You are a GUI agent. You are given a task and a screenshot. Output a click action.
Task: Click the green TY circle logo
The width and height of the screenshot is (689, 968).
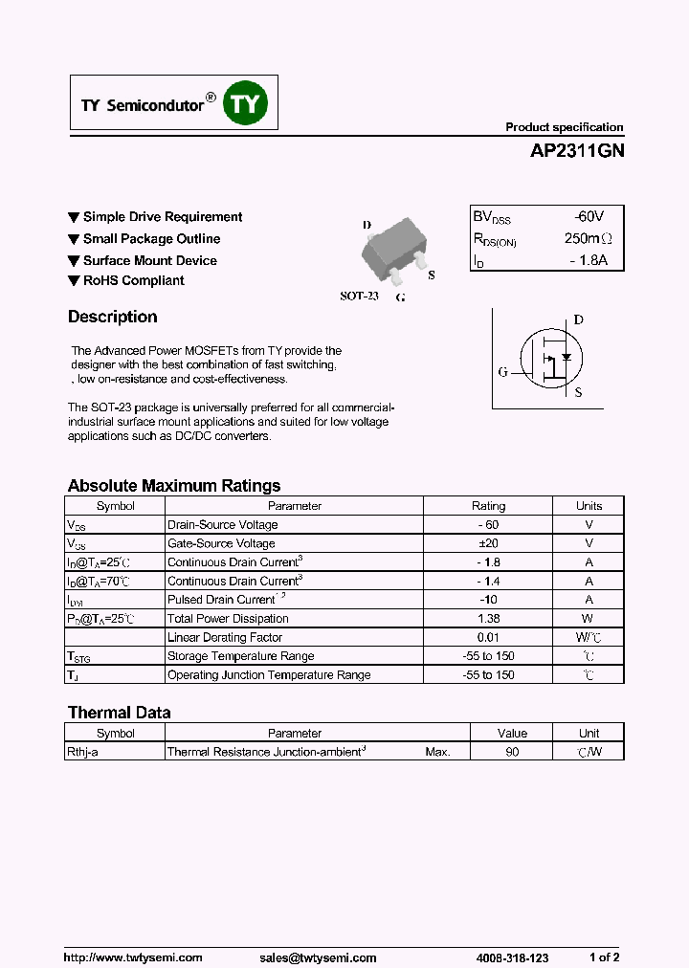coord(246,103)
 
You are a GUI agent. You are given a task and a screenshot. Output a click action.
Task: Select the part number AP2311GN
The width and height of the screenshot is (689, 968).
coord(576,151)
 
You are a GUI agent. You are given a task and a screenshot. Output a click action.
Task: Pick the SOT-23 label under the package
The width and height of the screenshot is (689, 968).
coord(360,297)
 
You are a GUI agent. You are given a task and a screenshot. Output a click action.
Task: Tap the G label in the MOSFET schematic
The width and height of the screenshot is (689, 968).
coord(502,372)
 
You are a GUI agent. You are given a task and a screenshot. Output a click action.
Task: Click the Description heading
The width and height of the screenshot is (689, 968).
coord(112,318)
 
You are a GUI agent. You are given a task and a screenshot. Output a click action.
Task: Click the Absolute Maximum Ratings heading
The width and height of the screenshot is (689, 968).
coord(174,486)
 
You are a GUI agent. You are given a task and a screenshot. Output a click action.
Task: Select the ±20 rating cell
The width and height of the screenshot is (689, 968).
coord(488,543)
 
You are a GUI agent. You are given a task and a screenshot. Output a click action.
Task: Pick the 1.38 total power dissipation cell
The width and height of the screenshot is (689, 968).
coord(488,619)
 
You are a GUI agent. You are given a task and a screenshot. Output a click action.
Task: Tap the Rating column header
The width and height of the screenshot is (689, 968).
coord(488,506)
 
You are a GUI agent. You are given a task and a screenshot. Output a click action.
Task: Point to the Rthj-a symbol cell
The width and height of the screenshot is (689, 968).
coord(115,753)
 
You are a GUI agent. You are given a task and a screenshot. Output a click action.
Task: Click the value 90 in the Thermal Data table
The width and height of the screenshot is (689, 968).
coord(512,753)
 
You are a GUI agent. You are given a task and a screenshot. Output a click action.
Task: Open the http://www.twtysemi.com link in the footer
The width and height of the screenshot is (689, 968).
coord(133,957)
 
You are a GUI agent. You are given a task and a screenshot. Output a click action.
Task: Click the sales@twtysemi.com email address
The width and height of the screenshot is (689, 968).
coord(318,957)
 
